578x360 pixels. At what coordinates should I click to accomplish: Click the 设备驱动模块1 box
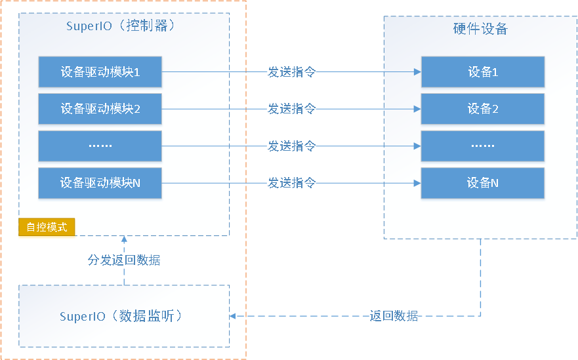tap(100, 72)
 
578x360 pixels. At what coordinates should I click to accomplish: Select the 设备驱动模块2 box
tap(100, 109)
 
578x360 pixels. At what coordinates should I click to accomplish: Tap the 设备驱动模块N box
tap(100, 183)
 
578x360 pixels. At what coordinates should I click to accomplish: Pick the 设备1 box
tap(483, 72)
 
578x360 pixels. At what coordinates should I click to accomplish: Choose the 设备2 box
tap(483, 109)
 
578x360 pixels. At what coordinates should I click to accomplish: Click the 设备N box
tap(483, 183)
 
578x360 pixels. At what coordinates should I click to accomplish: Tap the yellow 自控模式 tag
tap(47, 227)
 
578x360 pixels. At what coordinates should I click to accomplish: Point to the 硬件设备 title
tap(480, 29)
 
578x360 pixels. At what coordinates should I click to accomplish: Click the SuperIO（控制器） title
tap(121, 26)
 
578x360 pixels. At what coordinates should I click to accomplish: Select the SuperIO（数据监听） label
tap(121, 316)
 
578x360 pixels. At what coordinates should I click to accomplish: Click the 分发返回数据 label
tap(124, 260)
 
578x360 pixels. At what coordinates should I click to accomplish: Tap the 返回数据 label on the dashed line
tap(394, 316)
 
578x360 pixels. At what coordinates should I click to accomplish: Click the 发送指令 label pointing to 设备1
tap(291, 72)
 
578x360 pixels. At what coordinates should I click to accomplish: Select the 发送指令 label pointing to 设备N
tap(291, 183)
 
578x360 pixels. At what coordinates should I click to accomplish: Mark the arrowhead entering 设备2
tap(417, 109)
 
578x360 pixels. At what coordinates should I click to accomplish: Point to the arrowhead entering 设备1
tap(417, 72)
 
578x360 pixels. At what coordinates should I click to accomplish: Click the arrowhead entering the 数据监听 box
tap(233, 316)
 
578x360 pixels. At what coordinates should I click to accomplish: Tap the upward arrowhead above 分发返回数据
tap(124, 239)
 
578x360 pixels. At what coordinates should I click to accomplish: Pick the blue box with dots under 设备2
tap(483, 146)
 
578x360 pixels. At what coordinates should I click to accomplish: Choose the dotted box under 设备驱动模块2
tap(100, 146)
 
